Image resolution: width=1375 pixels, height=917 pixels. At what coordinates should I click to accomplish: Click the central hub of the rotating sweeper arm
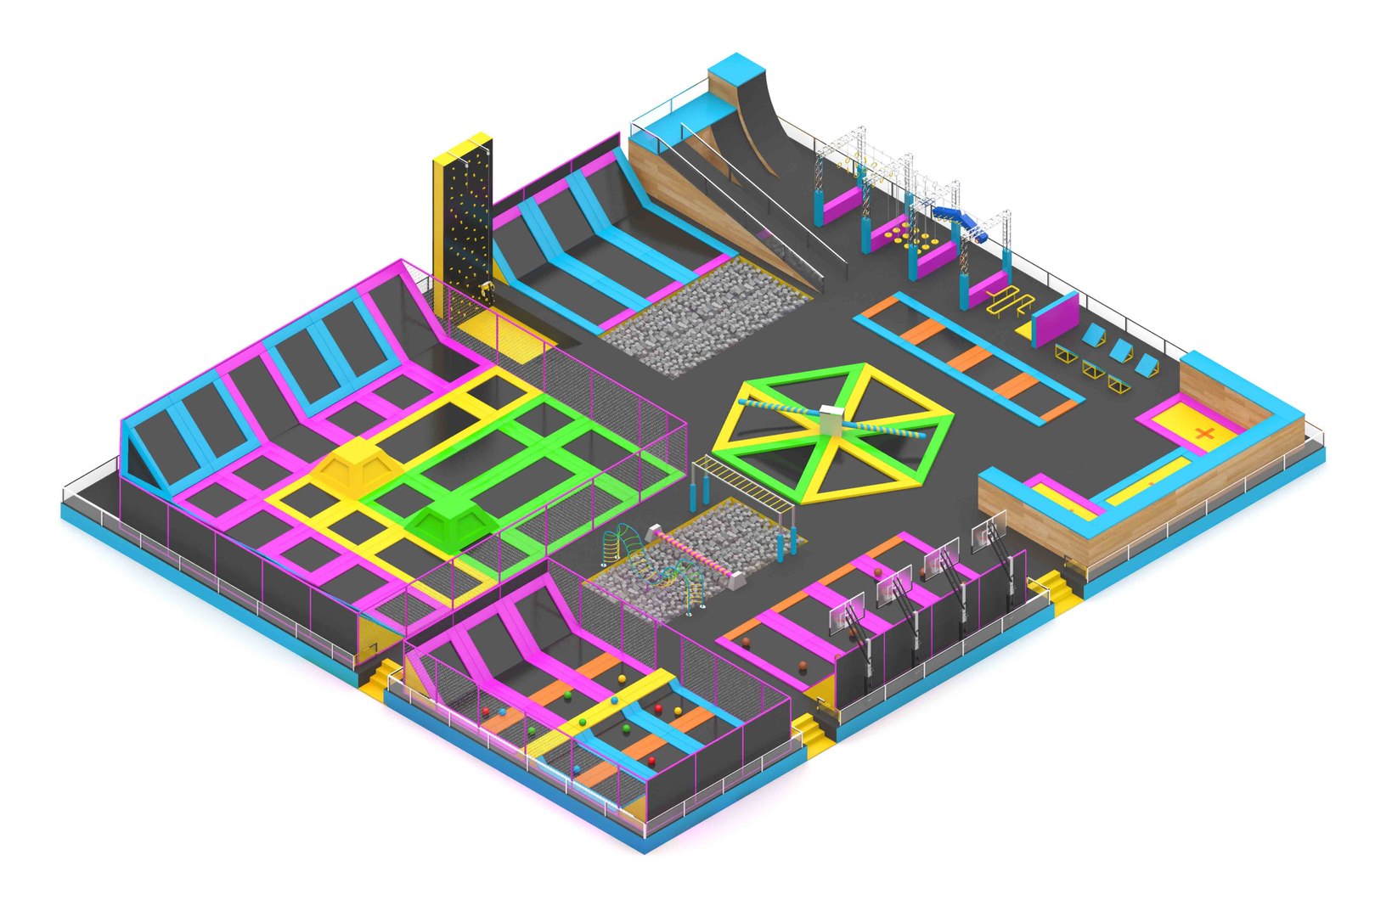(x=831, y=417)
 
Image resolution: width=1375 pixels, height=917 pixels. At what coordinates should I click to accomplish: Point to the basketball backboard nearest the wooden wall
(x=989, y=532)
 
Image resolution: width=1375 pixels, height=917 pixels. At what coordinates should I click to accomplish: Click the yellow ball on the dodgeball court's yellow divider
(x=582, y=722)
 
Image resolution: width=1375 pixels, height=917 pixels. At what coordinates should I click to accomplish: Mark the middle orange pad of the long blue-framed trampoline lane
(x=970, y=360)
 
